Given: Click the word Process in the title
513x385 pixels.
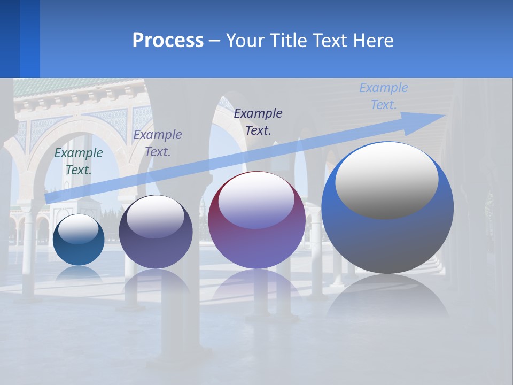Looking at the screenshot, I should (168, 41).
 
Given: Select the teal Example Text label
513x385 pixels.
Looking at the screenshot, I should (79, 161).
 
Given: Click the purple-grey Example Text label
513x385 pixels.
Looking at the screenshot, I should (158, 143).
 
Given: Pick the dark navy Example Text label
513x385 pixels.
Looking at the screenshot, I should (258, 121).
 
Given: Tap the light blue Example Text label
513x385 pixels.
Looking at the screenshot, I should (384, 96).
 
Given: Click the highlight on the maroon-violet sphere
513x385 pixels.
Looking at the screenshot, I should (256, 201).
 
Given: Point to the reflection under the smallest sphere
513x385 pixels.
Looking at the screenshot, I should (79, 274).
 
